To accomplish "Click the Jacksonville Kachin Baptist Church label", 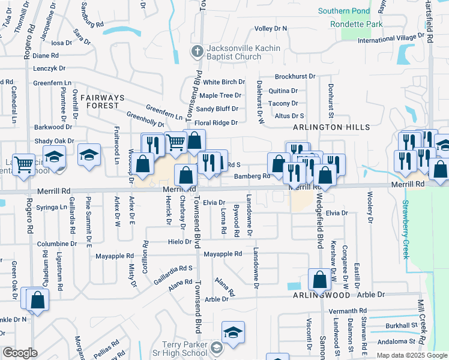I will tap(234, 53).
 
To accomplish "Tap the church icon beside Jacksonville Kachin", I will tap(196, 52).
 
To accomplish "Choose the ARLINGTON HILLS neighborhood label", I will tap(327, 128).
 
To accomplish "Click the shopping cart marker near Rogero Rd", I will tap(23, 164).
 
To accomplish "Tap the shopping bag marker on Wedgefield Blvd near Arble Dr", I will tap(319, 279).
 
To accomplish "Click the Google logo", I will tap(20, 352).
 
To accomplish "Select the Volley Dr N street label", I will tap(271, 28).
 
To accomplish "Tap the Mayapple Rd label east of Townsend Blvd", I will tap(222, 254).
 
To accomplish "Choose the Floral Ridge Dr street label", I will tap(217, 122).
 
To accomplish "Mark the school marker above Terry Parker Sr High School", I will tap(233, 332).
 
